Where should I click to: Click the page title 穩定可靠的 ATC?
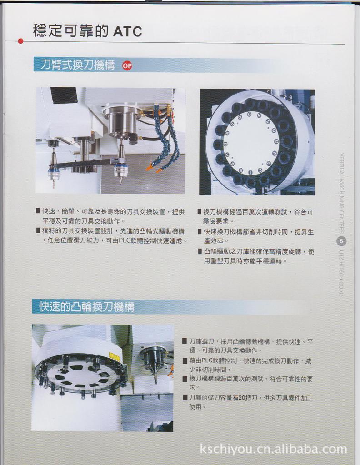pyautogui.click(x=87, y=31)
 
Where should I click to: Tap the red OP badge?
pyautogui.click(x=127, y=65)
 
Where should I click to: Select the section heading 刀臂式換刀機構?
pyautogui.click(x=77, y=65)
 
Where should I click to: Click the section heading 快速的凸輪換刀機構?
pyautogui.click(x=86, y=307)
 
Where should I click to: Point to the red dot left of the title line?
pyautogui.click(x=20, y=41)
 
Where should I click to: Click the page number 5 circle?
pyautogui.click(x=341, y=241)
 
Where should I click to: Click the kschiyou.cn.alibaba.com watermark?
pyautogui.click(x=273, y=450)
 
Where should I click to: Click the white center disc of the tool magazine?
pyautogui.click(x=251, y=142)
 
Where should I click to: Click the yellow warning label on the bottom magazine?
pyautogui.click(x=115, y=357)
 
